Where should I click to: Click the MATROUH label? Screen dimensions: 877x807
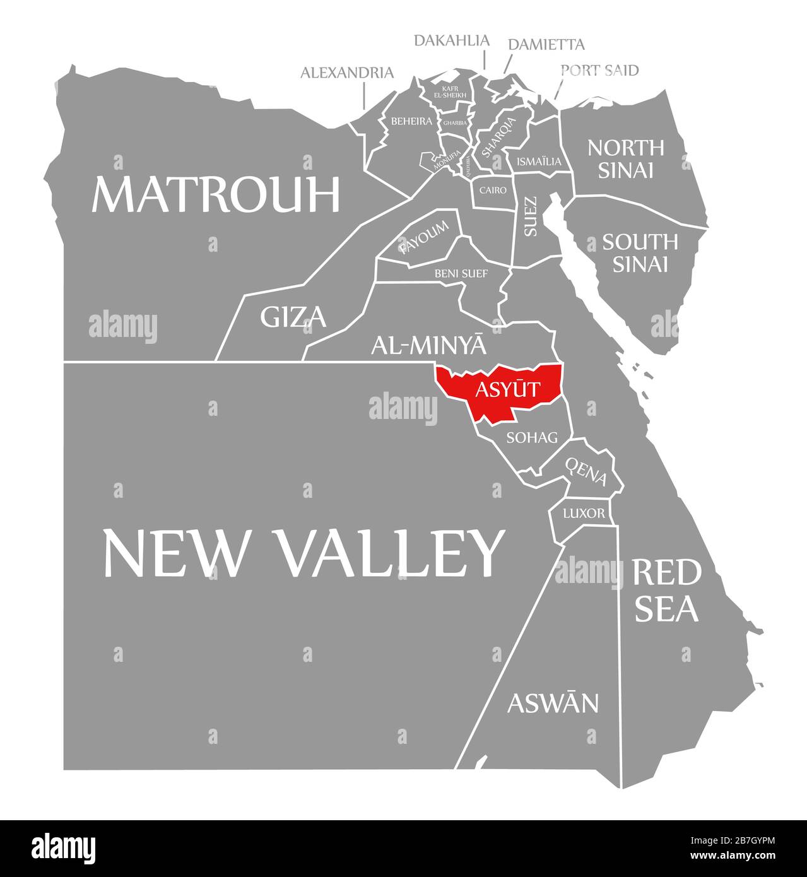pos(216,194)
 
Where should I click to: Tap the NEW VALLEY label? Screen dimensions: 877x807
pos(303,553)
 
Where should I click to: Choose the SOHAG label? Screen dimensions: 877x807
pos(533,437)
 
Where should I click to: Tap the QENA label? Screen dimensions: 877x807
pos(586,471)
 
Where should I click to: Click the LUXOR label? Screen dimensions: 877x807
pos(584,513)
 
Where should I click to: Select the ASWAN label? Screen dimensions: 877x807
pos(553,702)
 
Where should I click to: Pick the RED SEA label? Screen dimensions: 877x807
pos(666,591)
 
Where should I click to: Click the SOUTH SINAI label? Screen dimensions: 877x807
pos(640,252)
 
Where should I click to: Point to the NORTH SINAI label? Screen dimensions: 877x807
pos(625,158)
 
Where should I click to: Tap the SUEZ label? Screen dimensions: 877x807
pos(531,217)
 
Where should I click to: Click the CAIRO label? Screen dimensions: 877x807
pos(493,189)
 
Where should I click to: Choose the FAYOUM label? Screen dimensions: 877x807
pos(424,237)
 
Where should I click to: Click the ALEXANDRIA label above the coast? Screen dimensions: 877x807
pos(346,73)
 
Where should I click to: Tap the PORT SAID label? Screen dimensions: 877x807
pos(599,70)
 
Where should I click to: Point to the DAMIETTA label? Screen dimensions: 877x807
pos(546,44)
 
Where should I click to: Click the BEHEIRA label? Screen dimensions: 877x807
pos(411,121)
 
